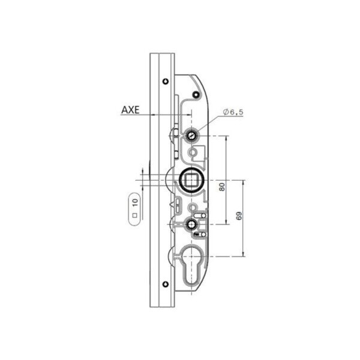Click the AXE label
[130, 110]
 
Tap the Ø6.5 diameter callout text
[233, 112]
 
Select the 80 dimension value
[222, 187]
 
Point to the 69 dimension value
[239, 216]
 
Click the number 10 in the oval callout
[135, 202]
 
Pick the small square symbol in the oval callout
[135, 215]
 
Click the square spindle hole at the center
[191, 180]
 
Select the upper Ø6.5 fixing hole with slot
[191, 136]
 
